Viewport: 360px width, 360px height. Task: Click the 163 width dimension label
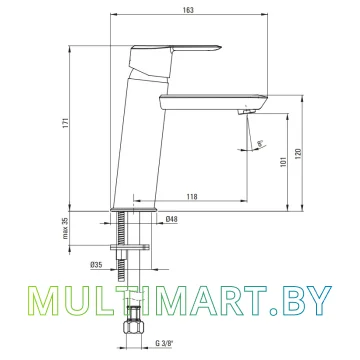[x=188, y=10]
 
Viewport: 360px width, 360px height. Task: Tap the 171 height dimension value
[x=65, y=123]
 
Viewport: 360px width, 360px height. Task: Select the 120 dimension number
[x=298, y=153]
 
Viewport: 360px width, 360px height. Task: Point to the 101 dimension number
[x=284, y=161]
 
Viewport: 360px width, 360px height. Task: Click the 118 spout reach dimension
[x=192, y=197]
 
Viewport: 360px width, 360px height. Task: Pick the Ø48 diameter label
[x=171, y=219]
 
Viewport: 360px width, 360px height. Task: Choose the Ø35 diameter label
[x=96, y=265]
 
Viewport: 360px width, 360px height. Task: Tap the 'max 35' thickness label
[x=65, y=228]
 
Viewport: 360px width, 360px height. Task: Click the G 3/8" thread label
[x=163, y=343]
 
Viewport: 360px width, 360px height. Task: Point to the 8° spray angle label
[x=260, y=144]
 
